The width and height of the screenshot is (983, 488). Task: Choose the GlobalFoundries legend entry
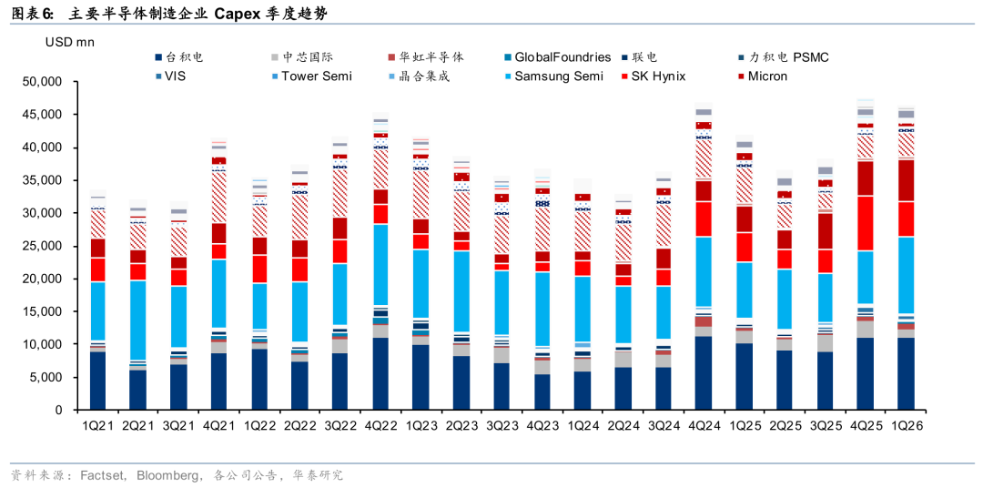[558, 57]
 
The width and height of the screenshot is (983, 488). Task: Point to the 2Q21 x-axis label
[137, 425]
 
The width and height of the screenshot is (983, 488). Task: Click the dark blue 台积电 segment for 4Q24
[704, 373]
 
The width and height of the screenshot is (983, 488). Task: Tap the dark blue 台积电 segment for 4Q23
[542, 392]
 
